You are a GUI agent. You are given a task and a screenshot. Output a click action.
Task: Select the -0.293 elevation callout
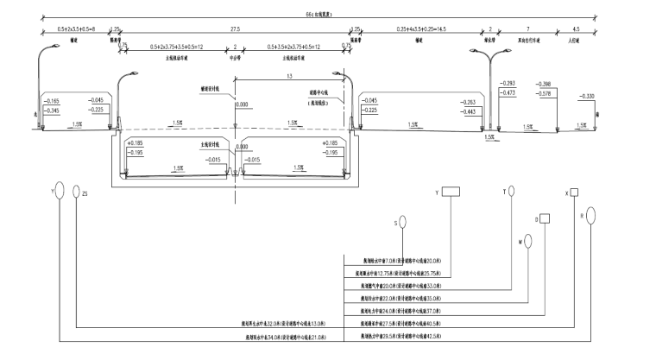tap(508, 82)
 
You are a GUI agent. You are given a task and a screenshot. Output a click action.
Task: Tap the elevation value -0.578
tap(545, 92)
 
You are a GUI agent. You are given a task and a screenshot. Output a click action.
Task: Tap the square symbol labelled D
tap(545, 218)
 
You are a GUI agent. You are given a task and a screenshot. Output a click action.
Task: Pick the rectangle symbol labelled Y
tap(452, 193)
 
